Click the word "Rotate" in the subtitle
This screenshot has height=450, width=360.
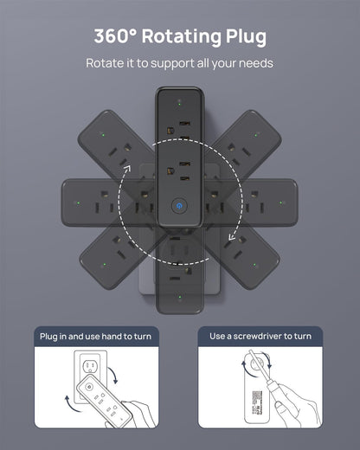[105, 63]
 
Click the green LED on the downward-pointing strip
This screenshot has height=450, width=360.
[180, 298]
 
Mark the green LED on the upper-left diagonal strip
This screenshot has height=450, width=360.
[102, 135]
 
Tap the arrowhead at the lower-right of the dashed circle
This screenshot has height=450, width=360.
[232, 235]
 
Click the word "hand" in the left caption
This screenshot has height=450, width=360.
[112, 336]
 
